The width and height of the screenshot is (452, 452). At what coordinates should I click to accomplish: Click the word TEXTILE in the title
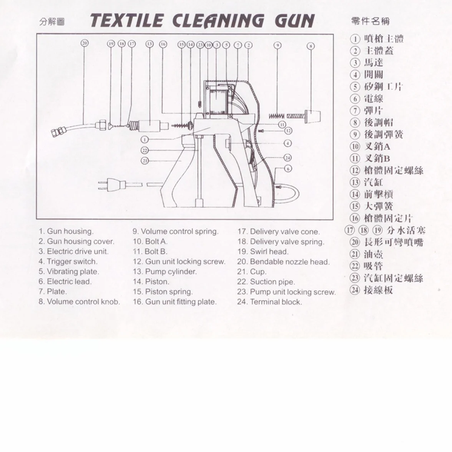(126, 21)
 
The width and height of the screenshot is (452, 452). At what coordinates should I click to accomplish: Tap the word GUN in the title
(294, 21)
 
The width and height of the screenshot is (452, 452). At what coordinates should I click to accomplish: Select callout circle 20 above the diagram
(84, 43)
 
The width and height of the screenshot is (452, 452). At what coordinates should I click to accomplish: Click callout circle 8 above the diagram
(310, 46)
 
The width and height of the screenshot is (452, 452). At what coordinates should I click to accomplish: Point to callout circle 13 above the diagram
(149, 44)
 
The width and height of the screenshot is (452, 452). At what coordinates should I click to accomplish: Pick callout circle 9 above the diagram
(278, 45)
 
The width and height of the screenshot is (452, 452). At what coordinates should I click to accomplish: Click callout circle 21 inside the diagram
(145, 161)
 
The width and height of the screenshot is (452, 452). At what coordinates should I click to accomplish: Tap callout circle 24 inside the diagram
(287, 158)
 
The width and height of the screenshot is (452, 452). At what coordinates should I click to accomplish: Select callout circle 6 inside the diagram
(288, 168)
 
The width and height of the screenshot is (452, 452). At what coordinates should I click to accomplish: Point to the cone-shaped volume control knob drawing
(312, 116)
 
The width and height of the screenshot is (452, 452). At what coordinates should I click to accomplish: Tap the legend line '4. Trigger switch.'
(68, 261)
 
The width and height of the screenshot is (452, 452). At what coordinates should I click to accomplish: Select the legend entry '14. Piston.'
(151, 282)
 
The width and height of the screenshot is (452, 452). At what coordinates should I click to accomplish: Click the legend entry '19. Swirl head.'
(263, 252)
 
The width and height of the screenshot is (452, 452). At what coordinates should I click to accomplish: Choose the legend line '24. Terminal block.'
(270, 302)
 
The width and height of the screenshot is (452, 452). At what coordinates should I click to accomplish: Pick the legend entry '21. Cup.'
(252, 271)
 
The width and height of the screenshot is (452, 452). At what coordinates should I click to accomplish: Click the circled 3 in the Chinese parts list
(355, 63)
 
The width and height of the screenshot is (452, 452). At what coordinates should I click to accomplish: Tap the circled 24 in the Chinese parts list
(355, 290)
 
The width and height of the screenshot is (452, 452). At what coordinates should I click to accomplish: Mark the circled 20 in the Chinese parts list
(355, 242)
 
